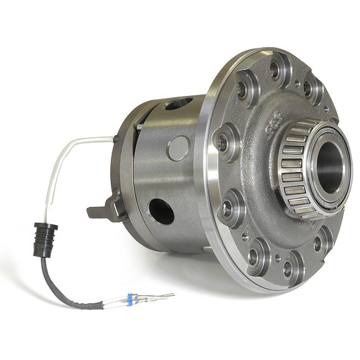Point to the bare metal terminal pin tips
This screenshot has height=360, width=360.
(x=161, y=296)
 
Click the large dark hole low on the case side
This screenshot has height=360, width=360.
(x=161, y=211)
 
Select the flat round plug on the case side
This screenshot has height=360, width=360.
(x=179, y=148)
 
